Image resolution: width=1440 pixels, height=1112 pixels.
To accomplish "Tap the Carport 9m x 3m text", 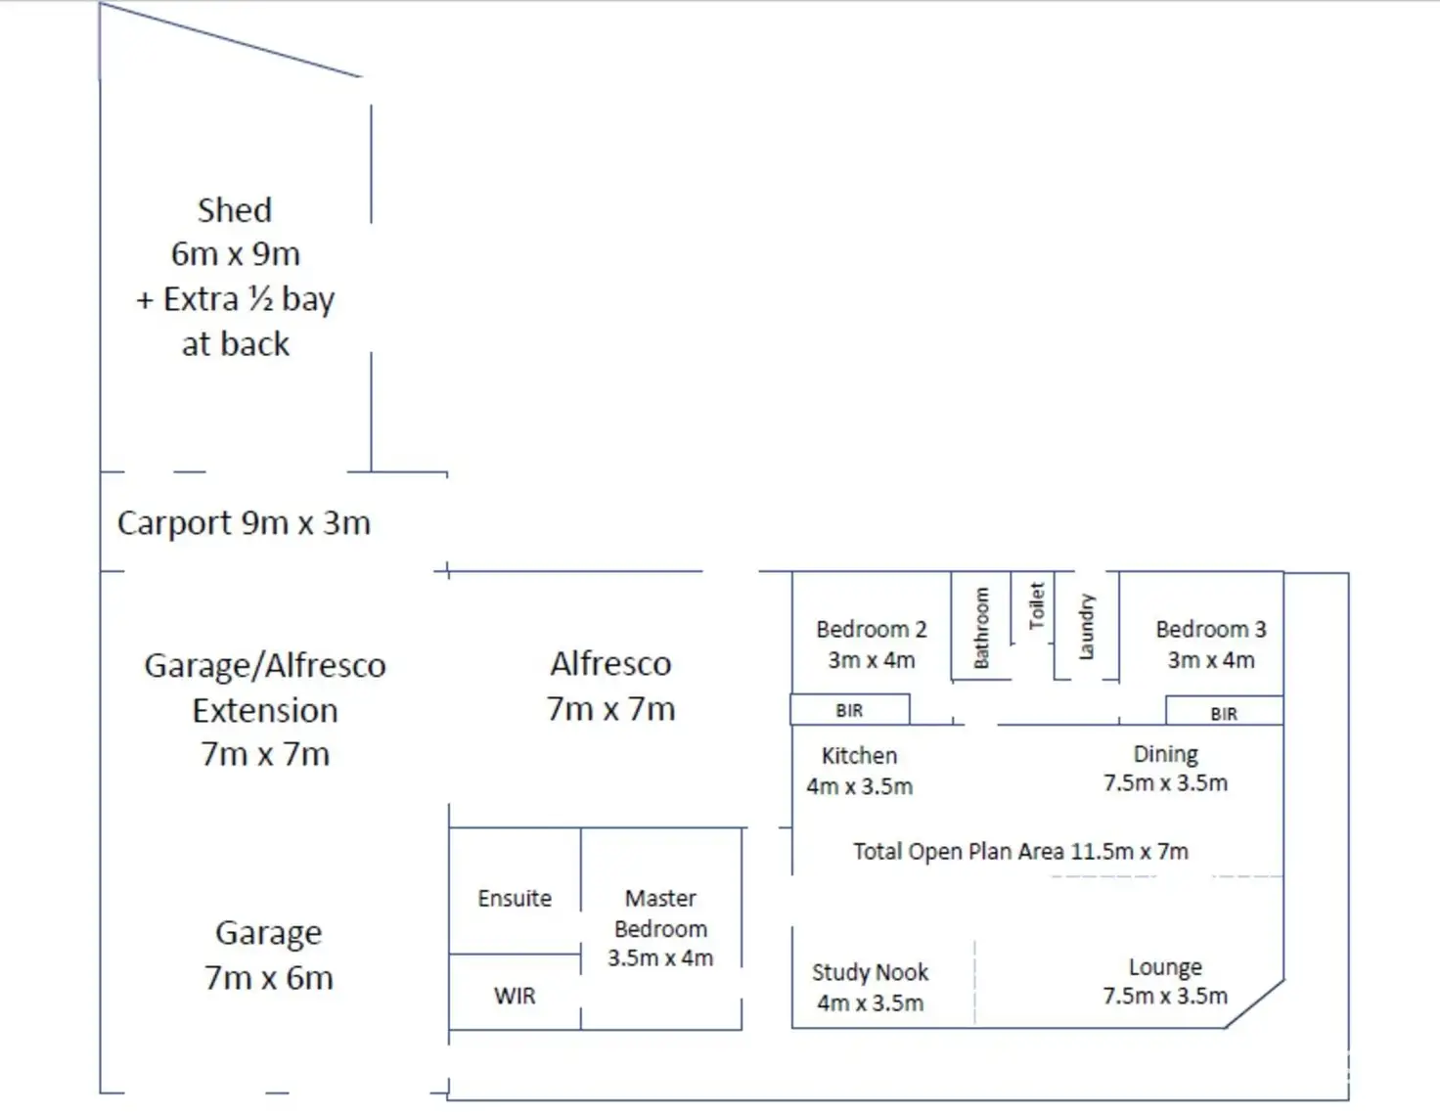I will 244,523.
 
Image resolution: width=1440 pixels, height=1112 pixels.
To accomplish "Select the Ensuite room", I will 515,898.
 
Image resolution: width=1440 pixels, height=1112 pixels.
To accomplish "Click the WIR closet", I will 515,996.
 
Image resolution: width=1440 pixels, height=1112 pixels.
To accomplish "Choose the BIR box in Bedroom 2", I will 849,710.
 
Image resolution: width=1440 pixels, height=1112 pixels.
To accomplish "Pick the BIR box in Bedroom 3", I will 1224,713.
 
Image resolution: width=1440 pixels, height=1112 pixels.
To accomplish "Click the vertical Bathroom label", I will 981,628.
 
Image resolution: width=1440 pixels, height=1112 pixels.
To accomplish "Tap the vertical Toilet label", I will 1037,605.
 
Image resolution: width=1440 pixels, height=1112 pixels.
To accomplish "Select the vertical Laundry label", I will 1086,627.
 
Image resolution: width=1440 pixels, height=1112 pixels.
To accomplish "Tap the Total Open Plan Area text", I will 1020,851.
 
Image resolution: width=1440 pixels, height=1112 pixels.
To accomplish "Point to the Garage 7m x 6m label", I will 269,955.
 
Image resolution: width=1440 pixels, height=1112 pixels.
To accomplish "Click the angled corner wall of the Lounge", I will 1254,1003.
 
